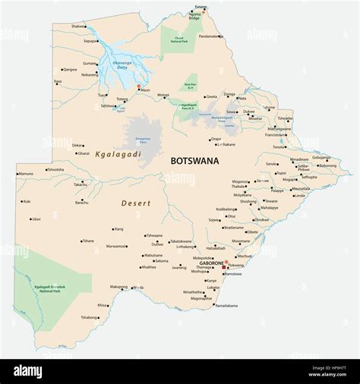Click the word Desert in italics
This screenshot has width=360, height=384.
click(136, 203)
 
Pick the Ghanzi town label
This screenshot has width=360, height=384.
click(83, 153)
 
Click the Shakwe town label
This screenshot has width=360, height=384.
click(78, 26)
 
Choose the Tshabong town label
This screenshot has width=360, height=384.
click(89, 317)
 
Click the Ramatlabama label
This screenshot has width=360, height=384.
click(226, 305)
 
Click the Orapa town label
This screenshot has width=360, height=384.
click(216, 139)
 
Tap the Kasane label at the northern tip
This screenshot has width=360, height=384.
click(201, 7)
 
